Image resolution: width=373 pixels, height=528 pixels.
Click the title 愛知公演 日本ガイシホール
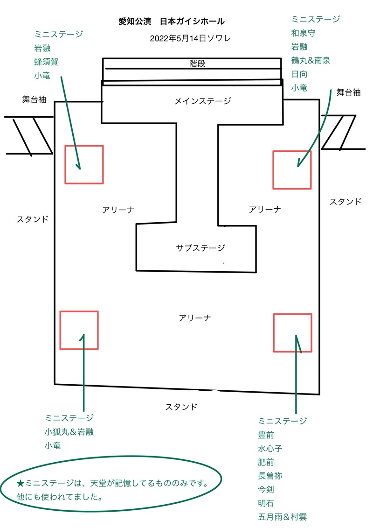[x=172, y=21]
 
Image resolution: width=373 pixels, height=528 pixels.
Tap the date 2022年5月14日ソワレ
[x=190, y=38]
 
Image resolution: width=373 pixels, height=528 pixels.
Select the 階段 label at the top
[x=197, y=64]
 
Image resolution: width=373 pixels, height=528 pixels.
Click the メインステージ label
[x=203, y=101]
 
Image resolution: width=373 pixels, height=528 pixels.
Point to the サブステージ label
[x=200, y=248]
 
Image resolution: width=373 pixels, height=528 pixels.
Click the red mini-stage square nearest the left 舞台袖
[x=84, y=164]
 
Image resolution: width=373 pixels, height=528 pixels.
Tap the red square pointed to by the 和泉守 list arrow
[x=292, y=170]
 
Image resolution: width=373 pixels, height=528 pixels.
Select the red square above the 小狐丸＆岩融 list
[x=79, y=330]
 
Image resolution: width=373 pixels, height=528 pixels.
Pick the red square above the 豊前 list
[x=292, y=333]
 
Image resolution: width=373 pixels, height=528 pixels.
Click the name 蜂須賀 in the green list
[x=46, y=62]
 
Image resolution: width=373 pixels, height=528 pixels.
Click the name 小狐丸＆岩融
[x=69, y=432]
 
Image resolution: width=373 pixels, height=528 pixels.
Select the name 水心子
[x=270, y=449]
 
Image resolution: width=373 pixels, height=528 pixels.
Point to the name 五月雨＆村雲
[x=282, y=517]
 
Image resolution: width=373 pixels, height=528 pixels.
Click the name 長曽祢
[x=270, y=476]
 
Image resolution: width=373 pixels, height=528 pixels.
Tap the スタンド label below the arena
[x=181, y=407]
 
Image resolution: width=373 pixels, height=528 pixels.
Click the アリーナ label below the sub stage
[x=195, y=318]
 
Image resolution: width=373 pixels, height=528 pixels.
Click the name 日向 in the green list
[x=299, y=74]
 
